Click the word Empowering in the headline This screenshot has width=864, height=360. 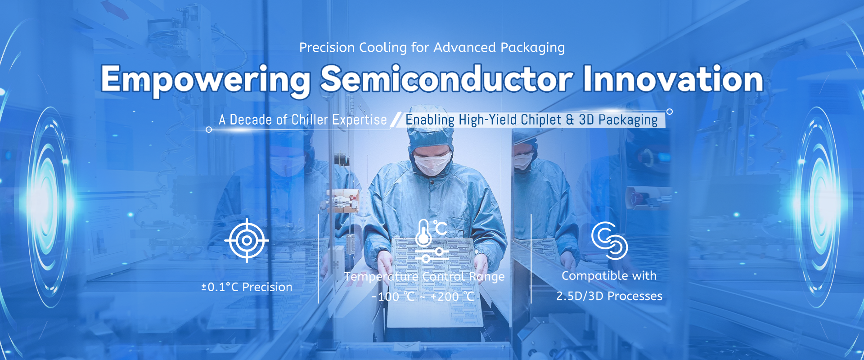[205, 80]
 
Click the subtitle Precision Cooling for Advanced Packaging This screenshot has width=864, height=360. [432, 48]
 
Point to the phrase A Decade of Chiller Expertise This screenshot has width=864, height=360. [303, 120]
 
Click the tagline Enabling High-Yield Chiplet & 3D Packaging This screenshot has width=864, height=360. [531, 120]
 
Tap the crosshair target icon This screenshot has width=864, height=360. [247, 241]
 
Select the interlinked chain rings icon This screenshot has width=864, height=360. [609, 241]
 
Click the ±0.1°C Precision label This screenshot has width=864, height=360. [247, 287]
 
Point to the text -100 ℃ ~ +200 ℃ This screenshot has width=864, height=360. [423, 297]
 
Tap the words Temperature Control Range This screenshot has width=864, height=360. [424, 277]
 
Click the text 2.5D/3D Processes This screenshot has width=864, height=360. [609, 296]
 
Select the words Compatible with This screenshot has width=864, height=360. [609, 276]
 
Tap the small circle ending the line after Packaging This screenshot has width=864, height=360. [670, 112]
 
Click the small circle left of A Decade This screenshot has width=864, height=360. [208, 130]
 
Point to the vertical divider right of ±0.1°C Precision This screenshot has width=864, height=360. [318, 258]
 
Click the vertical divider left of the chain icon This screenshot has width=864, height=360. [531, 258]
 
